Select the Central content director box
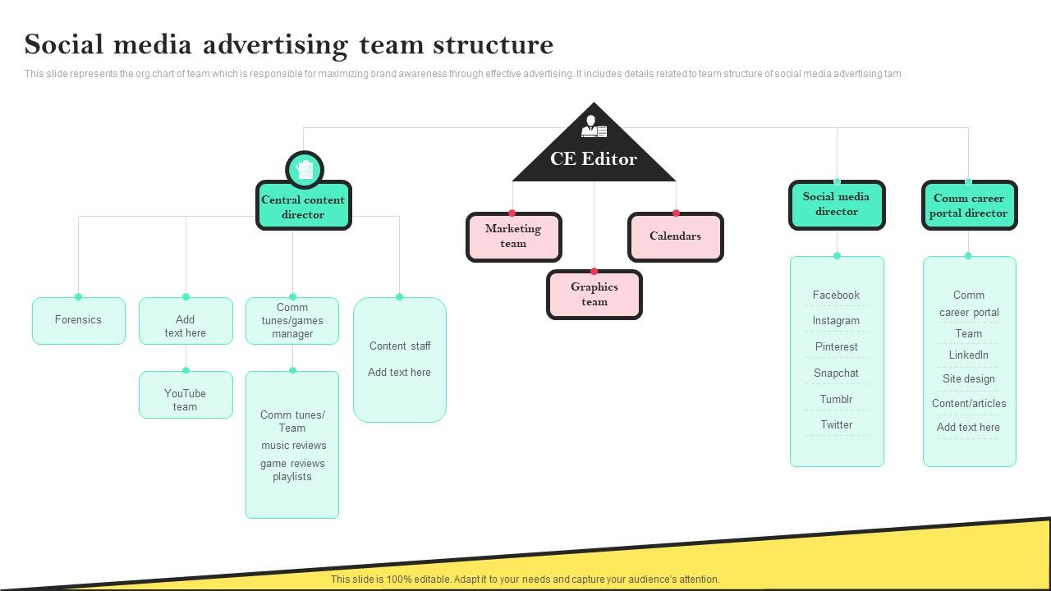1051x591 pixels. pyautogui.click(x=303, y=207)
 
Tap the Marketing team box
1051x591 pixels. pyautogui.click(x=513, y=236)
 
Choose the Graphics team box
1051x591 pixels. pyautogui.click(x=594, y=294)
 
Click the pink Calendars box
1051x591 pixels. pyautogui.click(x=675, y=236)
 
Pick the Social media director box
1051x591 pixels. pyautogui.click(x=836, y=204)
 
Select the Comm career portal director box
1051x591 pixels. pyautogui.click(x=968, y=205)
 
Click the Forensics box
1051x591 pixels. pyautogui.click(x=79, y=320)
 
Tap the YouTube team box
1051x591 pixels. pyautogui.click(x=186, y=400)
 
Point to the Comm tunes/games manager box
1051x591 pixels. pyautogui.click(x=292, y=321)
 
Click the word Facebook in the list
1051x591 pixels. pyautogui.click(x=836, y=295)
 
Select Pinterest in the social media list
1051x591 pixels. pyautogui.click(x=836, y=347)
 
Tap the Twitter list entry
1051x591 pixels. pyautogui.click(x=836, y=424)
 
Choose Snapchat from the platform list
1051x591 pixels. pyautogui.click(x=836, y=373)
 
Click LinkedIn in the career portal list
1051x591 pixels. pyautogui.click(x=968, y=355)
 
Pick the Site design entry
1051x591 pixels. pyautogui.click(x=968, y=379)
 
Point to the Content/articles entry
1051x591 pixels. pyautogui.click(x=968, y=403)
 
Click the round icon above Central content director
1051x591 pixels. pyautogui.click(x=305, y=170)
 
